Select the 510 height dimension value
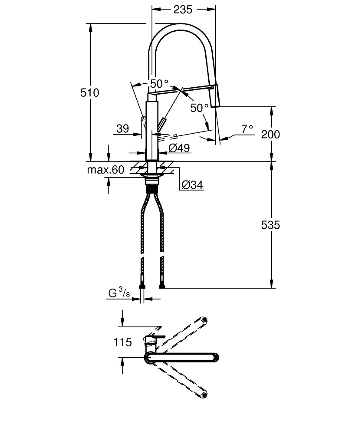click(x=90, y=92)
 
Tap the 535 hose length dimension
click(x=270, y=225)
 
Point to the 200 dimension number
click(x=270, y=134)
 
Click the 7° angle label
click(x=247, y=128)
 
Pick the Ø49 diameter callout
click(x=178, y=148)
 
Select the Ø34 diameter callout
click(x=191, y=185)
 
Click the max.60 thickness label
click(x=105, y=170)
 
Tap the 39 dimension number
click(x=123, y=128)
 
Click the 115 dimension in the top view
click(x=122, y=342)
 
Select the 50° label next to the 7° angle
click(x=200, y=108)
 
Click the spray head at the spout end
click(x=216, y=96)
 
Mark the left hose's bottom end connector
click(x=142, y=286)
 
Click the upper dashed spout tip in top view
click(x=204, y=321)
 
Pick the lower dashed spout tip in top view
click(x=204, y=394)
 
